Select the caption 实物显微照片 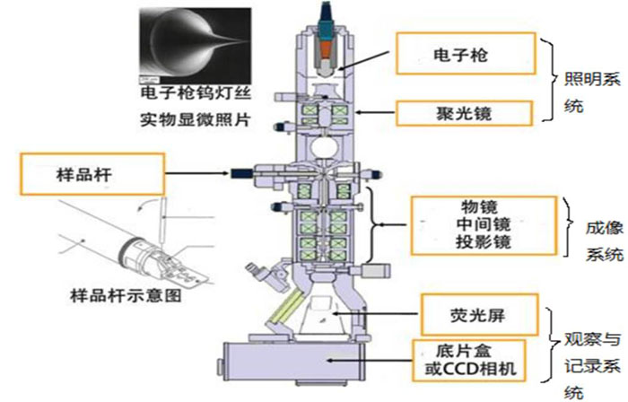pos(196,119)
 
